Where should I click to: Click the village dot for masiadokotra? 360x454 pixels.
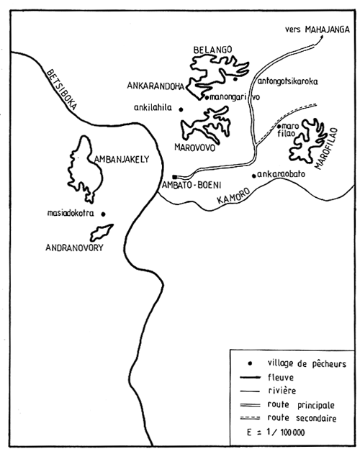click(x=103, y=214)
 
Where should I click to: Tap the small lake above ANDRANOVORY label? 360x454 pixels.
click(x=102, y=232)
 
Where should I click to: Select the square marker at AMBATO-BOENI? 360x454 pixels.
click(x=174, y=176)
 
